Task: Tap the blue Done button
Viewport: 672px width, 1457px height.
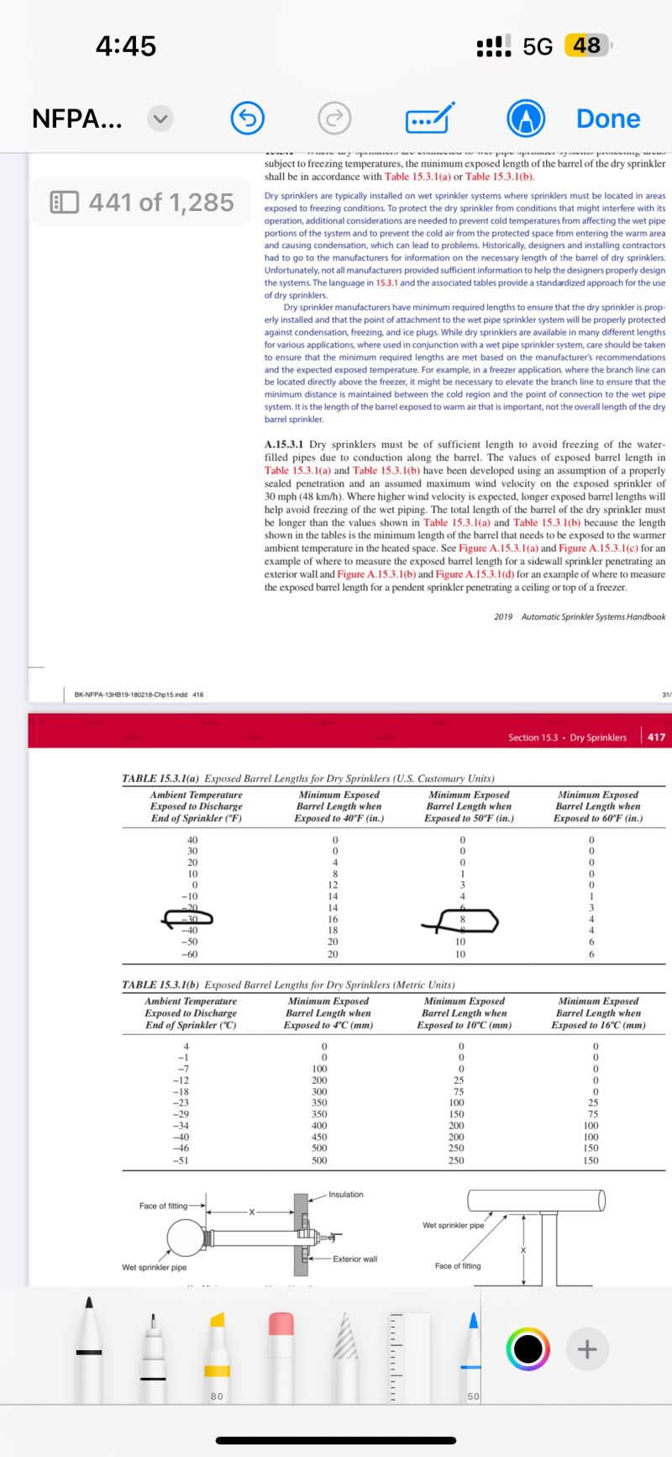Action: (x=607, y=119)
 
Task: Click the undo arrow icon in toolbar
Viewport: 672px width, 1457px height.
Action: (x=248, y=119)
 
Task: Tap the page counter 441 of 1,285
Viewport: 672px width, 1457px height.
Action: (x=142, y=203)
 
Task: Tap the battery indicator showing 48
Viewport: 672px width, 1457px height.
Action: (x=587, y=45)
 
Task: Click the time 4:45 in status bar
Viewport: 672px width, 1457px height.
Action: (x=126, y=45)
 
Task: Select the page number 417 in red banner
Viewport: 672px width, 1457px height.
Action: (x=656, y=737)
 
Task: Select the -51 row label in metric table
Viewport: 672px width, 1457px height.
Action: (x=180, y=1160)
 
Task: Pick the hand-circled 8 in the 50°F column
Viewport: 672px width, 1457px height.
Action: (x=462, y=920)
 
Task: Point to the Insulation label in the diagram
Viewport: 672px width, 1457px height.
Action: (x=346, y=1194)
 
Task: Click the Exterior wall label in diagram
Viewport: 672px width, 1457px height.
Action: (x=354, y=1259)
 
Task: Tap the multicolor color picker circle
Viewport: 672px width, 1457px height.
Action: (x=528, y=1349)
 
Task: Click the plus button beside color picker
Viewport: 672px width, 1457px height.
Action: (x=587, y=1349)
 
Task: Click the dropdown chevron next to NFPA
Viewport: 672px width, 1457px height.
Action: (x=160, y=119)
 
